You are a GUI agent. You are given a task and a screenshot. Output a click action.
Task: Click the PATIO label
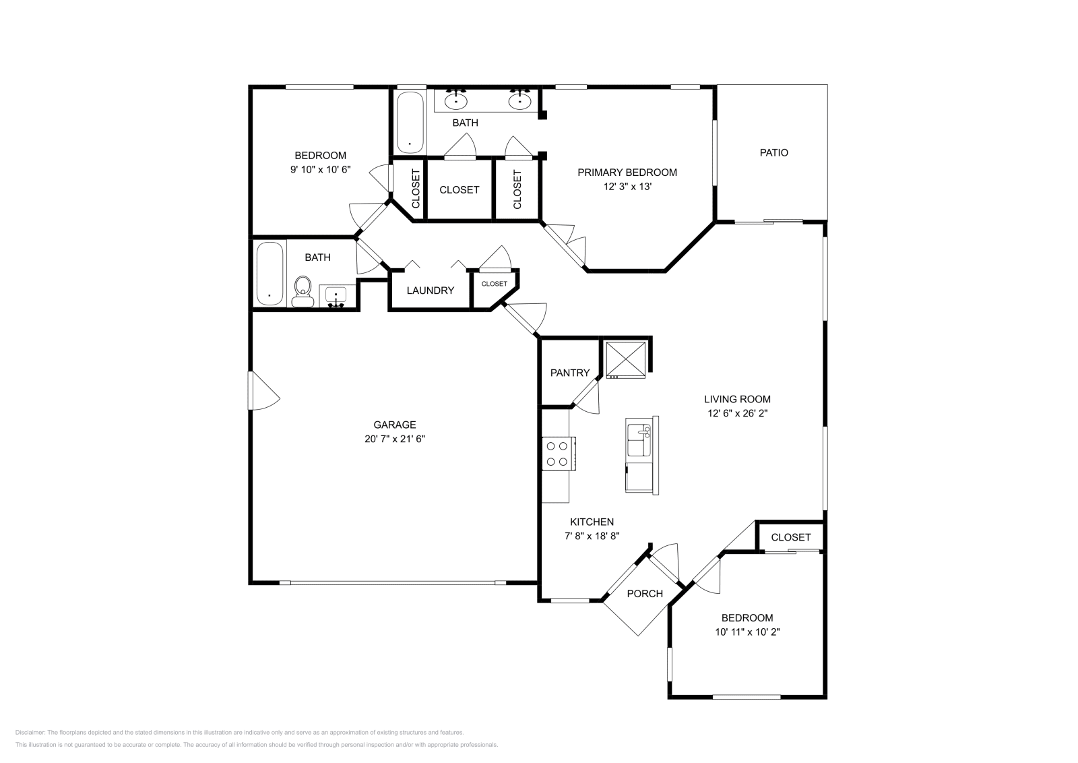tap(773, 153)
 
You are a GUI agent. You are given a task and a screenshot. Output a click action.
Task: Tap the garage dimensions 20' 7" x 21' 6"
tap(395, 439)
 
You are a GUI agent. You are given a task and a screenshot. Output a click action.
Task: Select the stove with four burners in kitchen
tap(558, 454)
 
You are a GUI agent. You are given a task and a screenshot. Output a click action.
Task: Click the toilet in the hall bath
tap(303, 291)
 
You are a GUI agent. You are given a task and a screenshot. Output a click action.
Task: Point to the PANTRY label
tap(570, 373)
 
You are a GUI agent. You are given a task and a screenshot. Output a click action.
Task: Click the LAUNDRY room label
tap(431, 291)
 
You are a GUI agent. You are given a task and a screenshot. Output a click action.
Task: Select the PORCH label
tap(645, 594)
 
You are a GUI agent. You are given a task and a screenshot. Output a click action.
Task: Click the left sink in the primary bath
tap(456, 101)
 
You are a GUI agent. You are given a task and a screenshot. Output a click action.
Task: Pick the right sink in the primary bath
tap(519, 101)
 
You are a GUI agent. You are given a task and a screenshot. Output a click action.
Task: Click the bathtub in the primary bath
tap(410, 123)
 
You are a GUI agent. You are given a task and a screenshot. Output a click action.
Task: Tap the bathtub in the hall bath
tap(270, 274)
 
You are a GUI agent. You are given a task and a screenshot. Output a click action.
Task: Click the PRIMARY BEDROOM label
tap(627, 173)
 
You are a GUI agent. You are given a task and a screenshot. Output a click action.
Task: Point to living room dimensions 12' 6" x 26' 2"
tap(737, 413)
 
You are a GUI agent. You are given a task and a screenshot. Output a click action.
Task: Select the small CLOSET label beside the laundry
tap(494, 284)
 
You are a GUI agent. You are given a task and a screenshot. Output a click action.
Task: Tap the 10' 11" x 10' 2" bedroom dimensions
tap(747, 632)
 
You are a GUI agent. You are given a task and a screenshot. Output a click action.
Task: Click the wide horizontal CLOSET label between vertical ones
tap(459, 190)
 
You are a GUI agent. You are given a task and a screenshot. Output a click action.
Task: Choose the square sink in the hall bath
tap(336, 295)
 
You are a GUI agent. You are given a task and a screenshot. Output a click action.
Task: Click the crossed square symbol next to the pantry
tap(626, 359)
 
